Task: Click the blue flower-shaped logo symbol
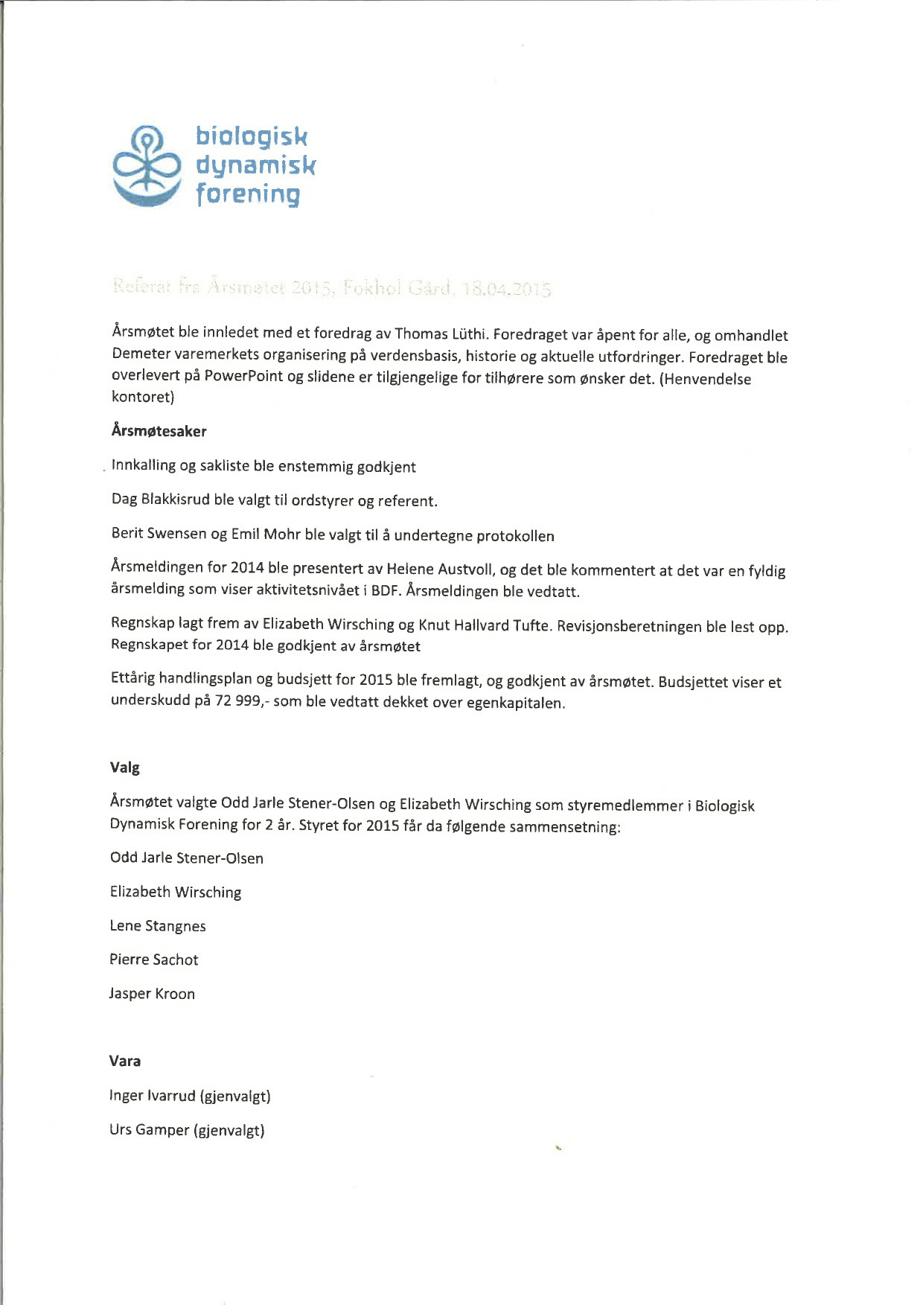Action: [147, 165]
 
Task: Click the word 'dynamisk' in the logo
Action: [255, 165]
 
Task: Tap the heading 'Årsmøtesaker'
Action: [159, 431]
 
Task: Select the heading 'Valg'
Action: [125, 768]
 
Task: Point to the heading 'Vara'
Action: [125, 1061]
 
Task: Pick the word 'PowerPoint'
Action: [243, 376]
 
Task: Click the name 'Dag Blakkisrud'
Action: [161, 500]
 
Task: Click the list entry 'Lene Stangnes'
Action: [158, 926]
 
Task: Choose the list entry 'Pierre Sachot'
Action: [154, 960]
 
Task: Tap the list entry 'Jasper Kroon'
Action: [152, 994]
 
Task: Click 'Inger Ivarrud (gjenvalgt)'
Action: [190, 1096]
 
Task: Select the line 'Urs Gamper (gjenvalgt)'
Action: [187, 1130]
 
